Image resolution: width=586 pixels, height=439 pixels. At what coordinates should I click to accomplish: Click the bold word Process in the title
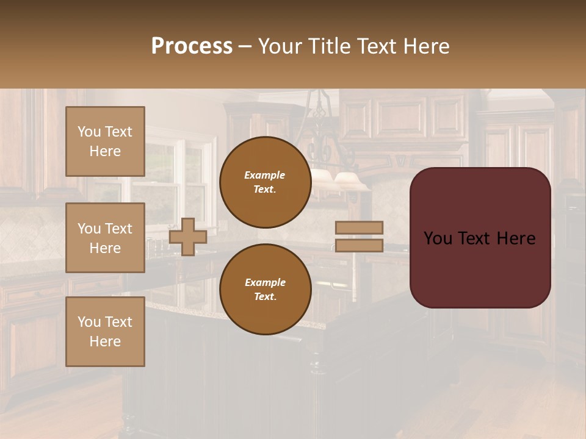tap(192, 46)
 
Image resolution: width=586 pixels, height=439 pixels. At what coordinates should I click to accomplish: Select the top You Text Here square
tap(105, 141)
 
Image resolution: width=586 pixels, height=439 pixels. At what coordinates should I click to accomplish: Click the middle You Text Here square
tap(105, 238)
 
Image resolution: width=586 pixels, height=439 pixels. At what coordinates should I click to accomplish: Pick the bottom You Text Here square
tap(105, 331)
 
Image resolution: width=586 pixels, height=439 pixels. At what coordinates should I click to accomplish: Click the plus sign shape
tap(188, 236)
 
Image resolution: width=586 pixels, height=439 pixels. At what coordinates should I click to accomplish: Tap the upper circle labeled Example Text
tap(265, 182)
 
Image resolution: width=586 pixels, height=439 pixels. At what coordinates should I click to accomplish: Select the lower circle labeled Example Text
tap(265, 290)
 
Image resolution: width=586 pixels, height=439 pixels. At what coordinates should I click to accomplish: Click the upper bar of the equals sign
tap(359, 227)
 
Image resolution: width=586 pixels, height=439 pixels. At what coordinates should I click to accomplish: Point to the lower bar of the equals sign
tap(359, 245)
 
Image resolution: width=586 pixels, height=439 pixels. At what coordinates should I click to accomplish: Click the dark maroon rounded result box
tap(480, 268)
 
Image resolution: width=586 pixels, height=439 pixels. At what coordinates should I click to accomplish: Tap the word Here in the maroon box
tap(516, 238)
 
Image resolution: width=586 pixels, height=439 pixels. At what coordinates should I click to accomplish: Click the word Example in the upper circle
tap(265, 175)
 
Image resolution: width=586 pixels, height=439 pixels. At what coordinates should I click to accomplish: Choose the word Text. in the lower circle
tap(265, 297)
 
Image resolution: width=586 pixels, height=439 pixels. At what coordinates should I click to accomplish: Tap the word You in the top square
tap(89, 132)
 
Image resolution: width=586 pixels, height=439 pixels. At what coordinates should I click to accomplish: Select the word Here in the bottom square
tap(105, 341)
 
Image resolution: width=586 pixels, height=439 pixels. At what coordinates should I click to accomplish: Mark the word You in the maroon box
tap(438, 238)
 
